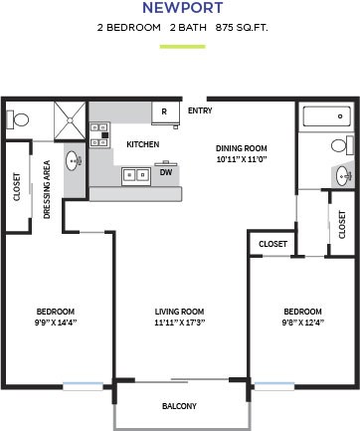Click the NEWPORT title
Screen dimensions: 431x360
click(x=180, y=9)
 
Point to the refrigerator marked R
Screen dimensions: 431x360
click(x=164, y=111)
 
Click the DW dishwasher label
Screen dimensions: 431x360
click(x=165, y=172)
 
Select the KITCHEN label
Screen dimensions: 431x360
click(x=142, y=145)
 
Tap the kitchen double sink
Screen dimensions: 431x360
click(x=134, y=175)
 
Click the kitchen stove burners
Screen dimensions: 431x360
click(x=98, y=134)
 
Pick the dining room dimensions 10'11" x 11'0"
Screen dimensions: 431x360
click(x=243, y=159)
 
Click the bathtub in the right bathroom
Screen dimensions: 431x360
click(x=324, y=117)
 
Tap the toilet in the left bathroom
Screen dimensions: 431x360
click(x=21, y=119)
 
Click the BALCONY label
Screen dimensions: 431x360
click(x=179, y=406)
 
